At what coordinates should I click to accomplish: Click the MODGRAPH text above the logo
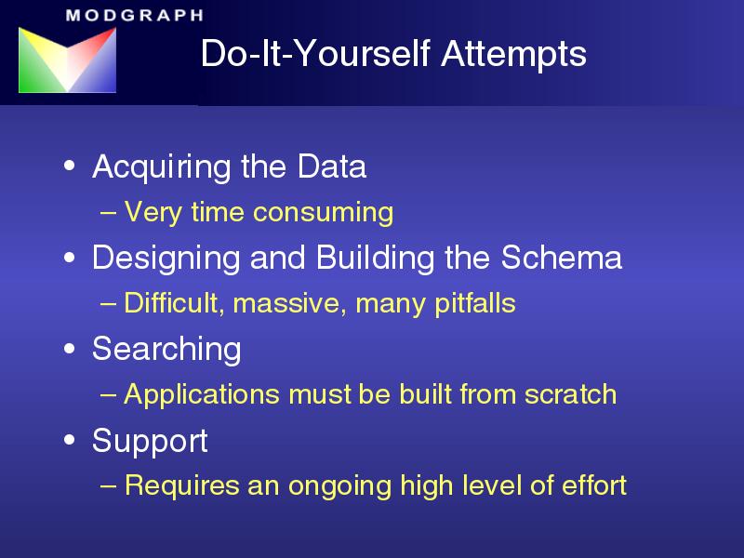coord(135,15)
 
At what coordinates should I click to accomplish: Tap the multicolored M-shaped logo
coord(67,60)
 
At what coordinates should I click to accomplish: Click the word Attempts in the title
coord(514,54)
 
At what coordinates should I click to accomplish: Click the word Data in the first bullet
coord(332,166)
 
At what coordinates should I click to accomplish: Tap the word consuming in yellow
coord(323,212)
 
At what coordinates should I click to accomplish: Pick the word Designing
coord(166,259)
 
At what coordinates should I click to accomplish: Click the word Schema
coord(562,258)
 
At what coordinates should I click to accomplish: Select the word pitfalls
coord(475,304)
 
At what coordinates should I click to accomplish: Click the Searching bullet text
coord(166,350)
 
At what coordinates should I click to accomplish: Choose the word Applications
coord(201,395)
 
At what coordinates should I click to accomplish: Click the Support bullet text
coord(150,441)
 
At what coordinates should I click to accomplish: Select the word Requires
coord(181,485)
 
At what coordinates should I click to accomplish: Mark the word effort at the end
coord(594,485)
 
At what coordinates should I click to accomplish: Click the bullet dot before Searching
coord(69,349)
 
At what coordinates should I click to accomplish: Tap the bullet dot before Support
coord(69,440)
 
